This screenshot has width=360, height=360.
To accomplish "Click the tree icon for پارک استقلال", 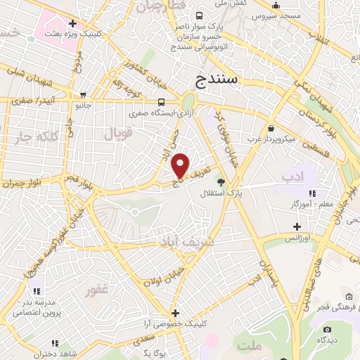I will click(221, 182).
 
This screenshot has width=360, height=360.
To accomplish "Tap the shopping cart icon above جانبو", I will click(84, 95).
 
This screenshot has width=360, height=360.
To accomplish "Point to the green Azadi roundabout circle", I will click(188, 101).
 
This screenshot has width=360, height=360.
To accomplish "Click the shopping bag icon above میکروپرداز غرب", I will click(271, 127).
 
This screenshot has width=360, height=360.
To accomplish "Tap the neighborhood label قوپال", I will click(117, 133).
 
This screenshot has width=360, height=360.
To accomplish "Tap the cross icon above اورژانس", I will click(297, 226).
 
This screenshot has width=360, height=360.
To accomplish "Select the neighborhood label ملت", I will click(249, 346).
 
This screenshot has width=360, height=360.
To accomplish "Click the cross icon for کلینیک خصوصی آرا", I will click(175, 313).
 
